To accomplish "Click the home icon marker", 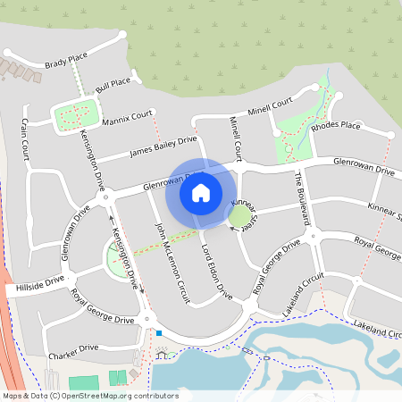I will [201, 192].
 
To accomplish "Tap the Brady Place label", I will [65, 63].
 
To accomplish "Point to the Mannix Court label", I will [128, 119].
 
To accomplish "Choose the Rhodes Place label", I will [335, 126].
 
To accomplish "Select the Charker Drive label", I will [74, 348].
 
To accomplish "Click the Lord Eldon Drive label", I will [216, 270].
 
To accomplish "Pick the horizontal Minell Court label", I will [271, 108].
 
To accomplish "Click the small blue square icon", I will [158, 333].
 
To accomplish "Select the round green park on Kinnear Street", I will [239, 215].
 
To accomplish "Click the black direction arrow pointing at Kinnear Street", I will [233, 228].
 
